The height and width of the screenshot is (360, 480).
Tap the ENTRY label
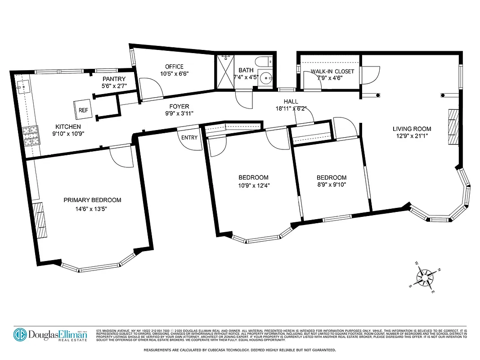189,137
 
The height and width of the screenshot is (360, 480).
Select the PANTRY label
114,79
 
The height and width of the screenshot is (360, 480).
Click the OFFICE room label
174,67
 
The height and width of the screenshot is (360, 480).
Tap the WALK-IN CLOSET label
332,72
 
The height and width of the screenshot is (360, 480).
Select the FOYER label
179,107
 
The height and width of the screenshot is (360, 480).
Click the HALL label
291,102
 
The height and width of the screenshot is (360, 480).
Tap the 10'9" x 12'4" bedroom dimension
254,185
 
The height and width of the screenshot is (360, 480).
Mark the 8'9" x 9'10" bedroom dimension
331,184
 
